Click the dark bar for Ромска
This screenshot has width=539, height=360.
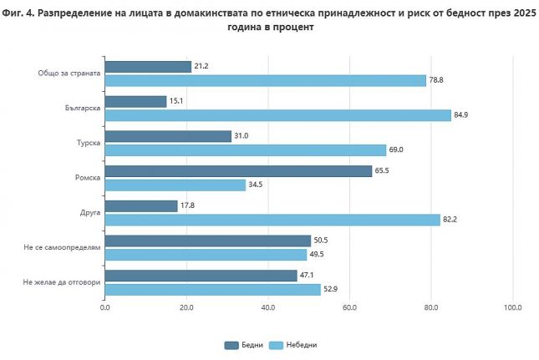pyautogui.click(x=238, y=170)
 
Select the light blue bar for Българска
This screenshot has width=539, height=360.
pyautogui.click(x=278, y=115)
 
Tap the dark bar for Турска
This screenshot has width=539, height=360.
pyautogui.click(x=168, y=136)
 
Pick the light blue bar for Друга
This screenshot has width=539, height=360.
pyautogui.click(x=272, y=220)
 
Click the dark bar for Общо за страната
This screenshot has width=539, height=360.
pyautogui.click(x=148, y=67)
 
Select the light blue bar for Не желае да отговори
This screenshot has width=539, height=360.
pyautogui.click(x=213, y=289)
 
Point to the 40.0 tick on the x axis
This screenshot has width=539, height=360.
pyautogui.click(x=268, y=308)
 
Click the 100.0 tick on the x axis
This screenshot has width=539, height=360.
pyautogui.click(x=513, y=308)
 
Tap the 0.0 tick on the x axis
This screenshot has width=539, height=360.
pyautogui.click(x=105, y=308)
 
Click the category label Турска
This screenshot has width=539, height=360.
pyautogui.click(x=89, y=143)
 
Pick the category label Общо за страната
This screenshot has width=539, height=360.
pyautogui.click(x=69, y=74)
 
